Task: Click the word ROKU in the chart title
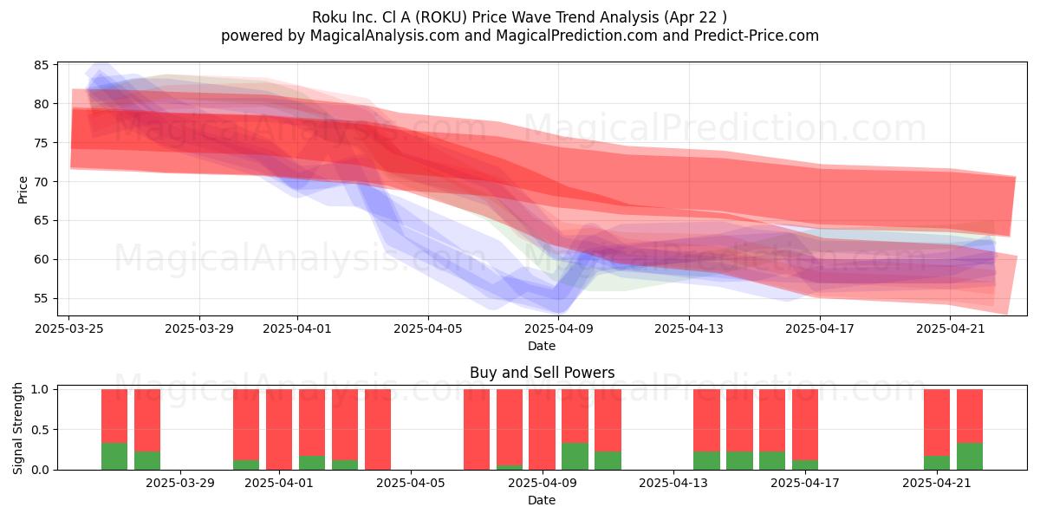point(441,17)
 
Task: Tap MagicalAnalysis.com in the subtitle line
point(385,36)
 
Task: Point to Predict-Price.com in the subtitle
point(757,36)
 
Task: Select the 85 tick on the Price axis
point(42,65)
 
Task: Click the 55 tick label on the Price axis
point(42,298)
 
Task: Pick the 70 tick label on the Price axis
point(42,181)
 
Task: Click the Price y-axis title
point(23,190)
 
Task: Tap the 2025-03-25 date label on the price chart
point(69,328)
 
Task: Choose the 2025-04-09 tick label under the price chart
point(559,328)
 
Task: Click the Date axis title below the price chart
point(542,346)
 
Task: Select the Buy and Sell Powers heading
point(542,373)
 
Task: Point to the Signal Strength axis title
point(17,428)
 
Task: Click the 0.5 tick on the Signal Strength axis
point(40,430)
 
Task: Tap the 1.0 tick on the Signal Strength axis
point(40,389)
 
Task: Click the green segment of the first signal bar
point(114,457)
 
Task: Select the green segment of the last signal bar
point(970,457)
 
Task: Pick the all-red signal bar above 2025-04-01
point(279,430)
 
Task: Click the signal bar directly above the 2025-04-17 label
point(805,430)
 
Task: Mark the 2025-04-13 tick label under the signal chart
point(673,483)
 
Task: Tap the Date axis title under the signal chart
point(542,500)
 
